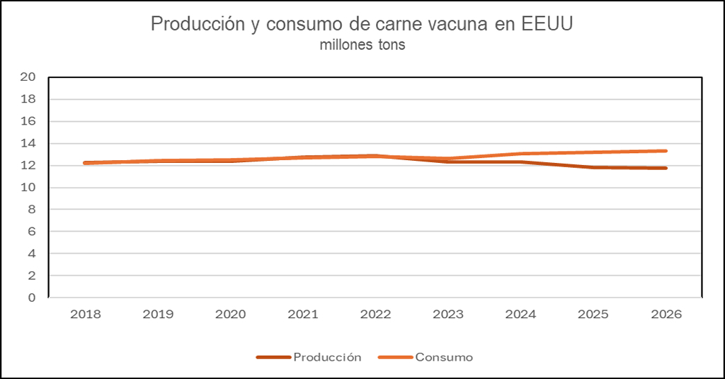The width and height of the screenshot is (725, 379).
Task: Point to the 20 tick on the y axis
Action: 28,77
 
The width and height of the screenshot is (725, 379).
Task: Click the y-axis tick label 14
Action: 28,144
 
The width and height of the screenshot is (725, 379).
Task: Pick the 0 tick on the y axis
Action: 32,298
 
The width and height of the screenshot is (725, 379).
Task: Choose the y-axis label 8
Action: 32,210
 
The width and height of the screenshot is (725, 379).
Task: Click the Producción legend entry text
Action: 327,357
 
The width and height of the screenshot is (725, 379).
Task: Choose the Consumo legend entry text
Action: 444,357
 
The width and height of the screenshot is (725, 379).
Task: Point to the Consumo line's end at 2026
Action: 666,151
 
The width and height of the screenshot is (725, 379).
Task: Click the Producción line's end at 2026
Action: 666,168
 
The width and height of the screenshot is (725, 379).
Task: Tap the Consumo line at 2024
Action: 521,154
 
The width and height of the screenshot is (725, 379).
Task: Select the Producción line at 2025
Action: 593,167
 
